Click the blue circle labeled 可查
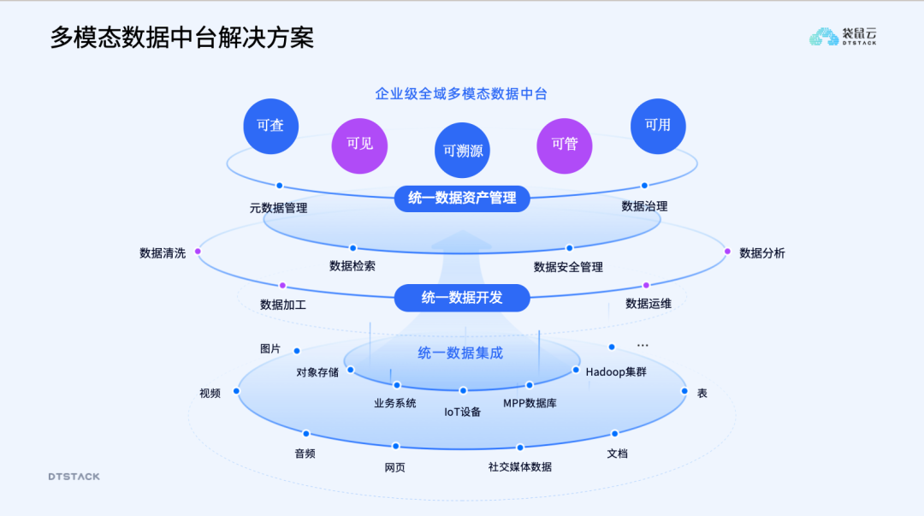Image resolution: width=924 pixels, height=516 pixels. click(270, 126)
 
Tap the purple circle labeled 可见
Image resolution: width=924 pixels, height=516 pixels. click(359, 144)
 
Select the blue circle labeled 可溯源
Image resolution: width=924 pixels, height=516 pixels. click(462, 151)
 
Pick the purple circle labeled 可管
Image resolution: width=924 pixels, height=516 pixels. click(564, 144)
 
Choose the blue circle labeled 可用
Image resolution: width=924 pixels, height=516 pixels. click(658, 125)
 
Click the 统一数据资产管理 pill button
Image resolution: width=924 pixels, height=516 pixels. click(462, 199)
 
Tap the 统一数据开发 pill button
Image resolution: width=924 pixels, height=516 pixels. click(462, 298)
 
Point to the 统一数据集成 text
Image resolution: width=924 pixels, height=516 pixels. click(460, 353)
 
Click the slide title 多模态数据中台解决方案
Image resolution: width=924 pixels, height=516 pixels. click(181, 38)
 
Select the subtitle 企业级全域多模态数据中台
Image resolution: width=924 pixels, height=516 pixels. click(461, 94)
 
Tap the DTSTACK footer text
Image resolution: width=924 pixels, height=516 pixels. click(74, 477)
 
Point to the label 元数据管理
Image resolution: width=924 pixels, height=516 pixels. click(278, 208)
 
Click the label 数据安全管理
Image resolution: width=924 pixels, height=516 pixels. click(568, 267)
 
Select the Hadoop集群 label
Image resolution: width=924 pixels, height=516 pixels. click(616, 371)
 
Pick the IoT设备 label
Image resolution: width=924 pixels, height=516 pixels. click(462, 412)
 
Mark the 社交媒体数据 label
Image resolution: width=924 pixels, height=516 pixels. click(520, 466)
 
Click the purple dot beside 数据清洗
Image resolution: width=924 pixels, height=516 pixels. click(198, 252)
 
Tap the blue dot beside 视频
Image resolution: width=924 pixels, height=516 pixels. click(236, 391)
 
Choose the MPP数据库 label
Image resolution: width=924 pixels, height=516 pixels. click(530, 403)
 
